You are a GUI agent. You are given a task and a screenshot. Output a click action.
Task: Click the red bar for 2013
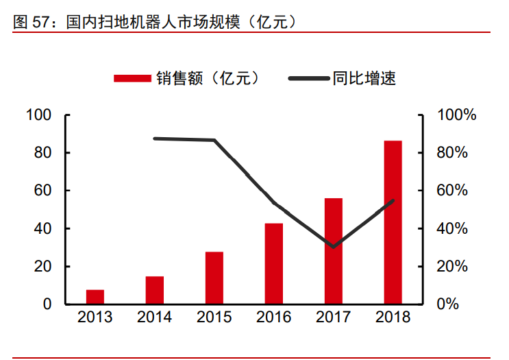pyautogui.click(x=95, y=297)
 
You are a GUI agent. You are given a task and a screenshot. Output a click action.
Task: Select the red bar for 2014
pyautogui.click(x=155, y=290)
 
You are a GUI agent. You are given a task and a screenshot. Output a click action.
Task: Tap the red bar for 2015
pyautogui.click(x=214, y=278)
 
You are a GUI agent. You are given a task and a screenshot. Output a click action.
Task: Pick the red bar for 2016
pyautogui.click(x=274, y=263)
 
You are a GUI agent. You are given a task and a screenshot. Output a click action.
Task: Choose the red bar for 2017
pyautogui.click(x=334, y=251)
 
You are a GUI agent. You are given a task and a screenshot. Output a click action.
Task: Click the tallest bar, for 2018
pyautogui.click(x=393, y=222)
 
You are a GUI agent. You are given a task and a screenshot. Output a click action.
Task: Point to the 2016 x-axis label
pyautogui.click(x=274, y=317)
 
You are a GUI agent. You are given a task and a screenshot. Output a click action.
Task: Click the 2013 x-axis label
pyautogui.click(x=95, y=317)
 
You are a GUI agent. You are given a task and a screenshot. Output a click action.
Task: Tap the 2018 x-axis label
pyautogui.click(x=393, y=317)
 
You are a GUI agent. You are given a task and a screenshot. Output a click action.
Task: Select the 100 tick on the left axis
pyautogui.click(x=40, y=115)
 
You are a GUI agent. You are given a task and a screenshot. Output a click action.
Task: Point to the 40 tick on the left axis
pyautogui.click(x=44, y=228)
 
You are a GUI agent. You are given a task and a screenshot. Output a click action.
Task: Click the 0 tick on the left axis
pyautogui.click(x=48, y=304)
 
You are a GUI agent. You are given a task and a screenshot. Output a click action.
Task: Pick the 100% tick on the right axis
pyautogui.click(x=456, y=115)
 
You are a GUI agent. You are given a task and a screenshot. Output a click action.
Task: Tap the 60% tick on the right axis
pyautogui.click(x=452, y=191)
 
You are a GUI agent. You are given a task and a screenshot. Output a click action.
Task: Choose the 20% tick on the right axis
pyautogui.click(x=452, y=266)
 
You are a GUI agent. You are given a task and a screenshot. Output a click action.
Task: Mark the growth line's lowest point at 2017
pyautogui.click(x=334, y=246)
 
